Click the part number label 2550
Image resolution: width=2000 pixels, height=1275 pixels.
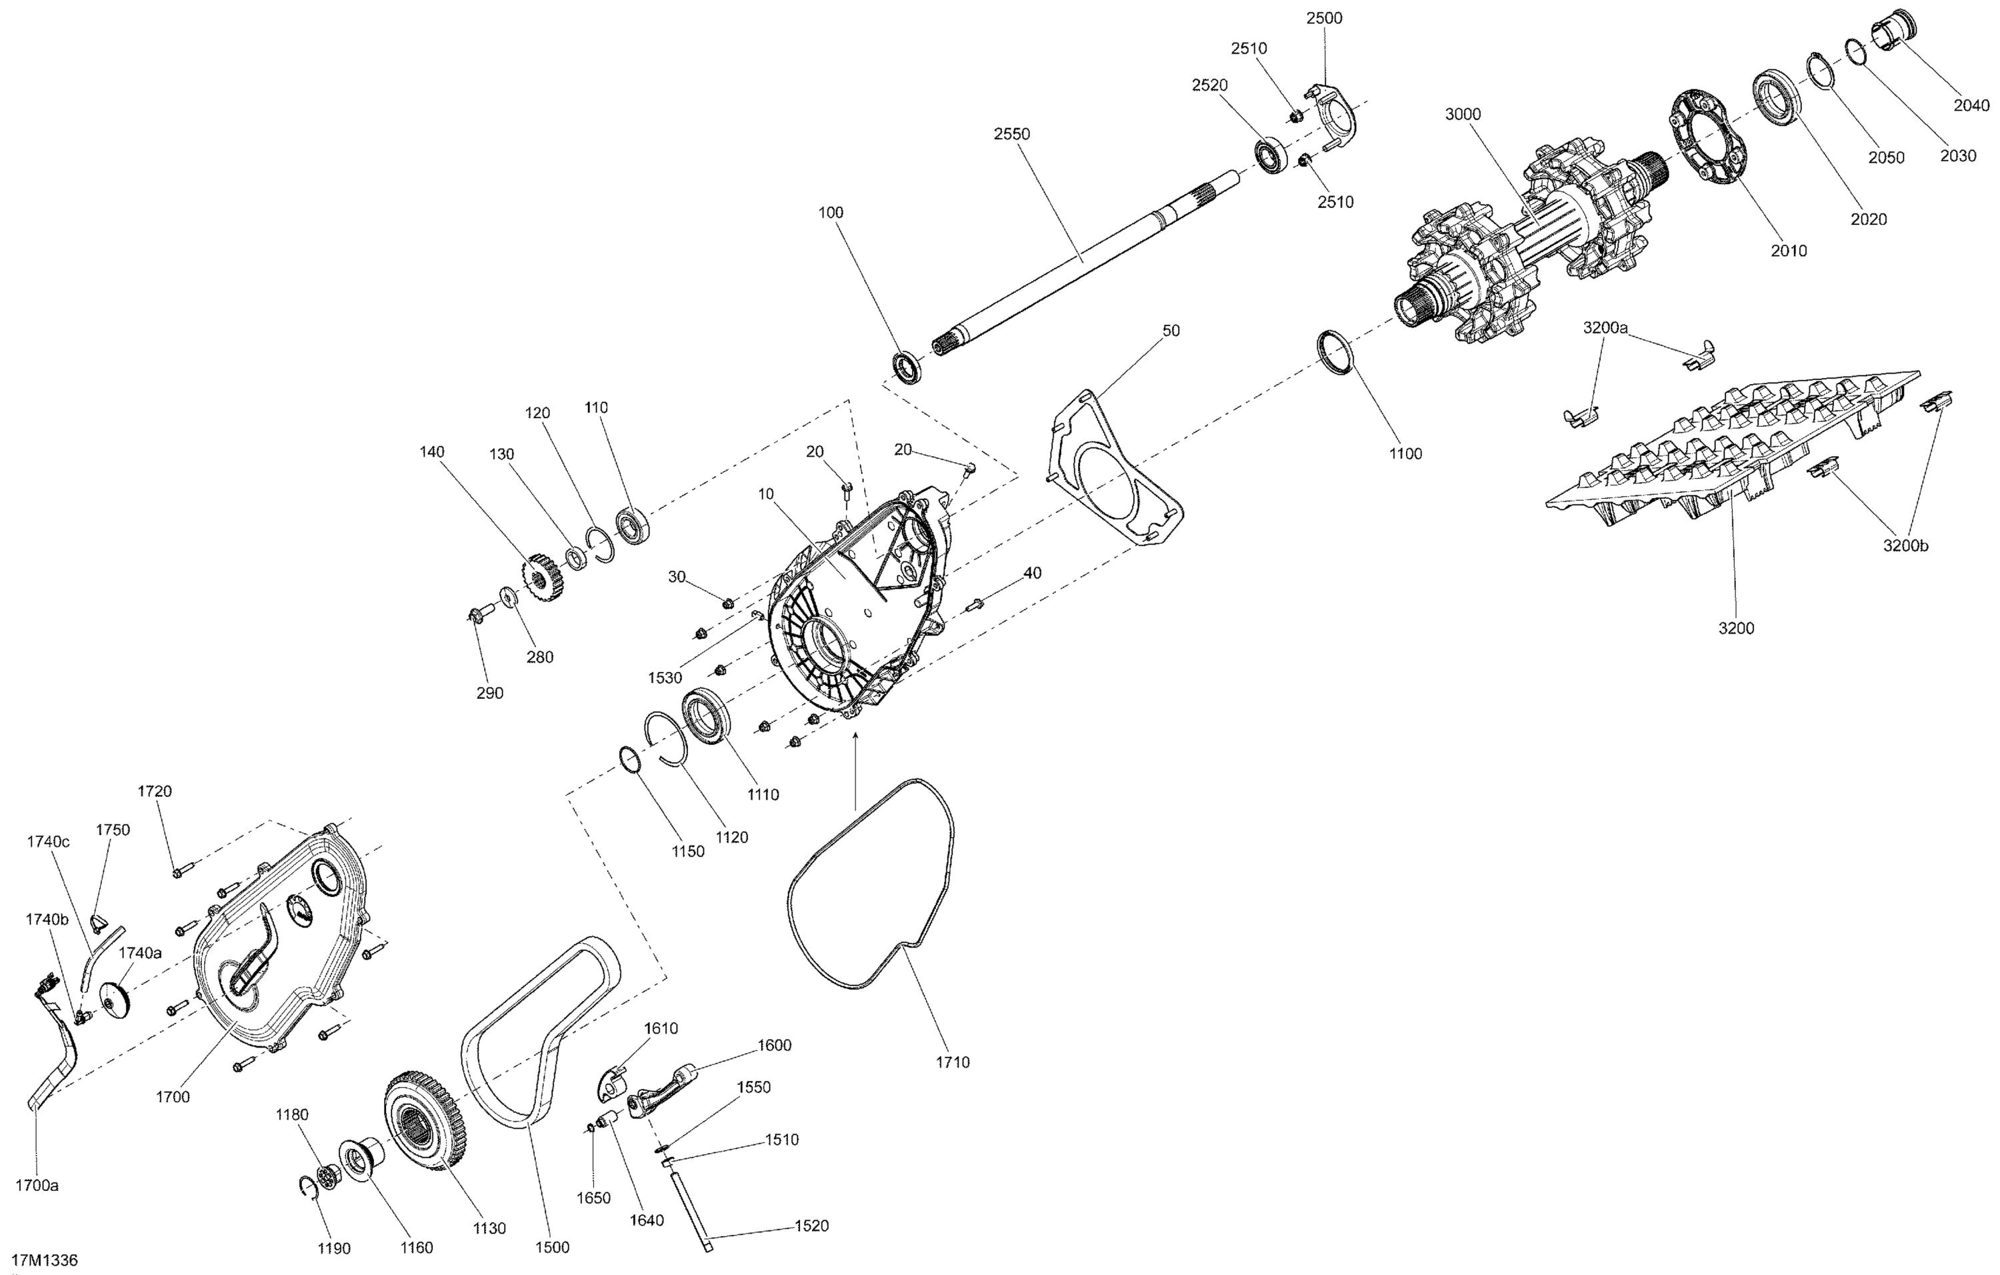tap(1011, 134)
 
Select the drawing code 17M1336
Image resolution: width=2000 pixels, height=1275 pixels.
tap(44, 1260)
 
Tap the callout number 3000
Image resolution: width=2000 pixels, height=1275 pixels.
tap(1463, 115)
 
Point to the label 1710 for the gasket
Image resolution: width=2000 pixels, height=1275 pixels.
tap(952, 1062)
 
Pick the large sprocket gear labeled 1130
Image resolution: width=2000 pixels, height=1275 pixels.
tap(425, 1122)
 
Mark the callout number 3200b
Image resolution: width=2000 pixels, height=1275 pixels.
tap(1905, 545)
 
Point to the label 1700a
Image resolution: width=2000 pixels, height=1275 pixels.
tap(37, 1185)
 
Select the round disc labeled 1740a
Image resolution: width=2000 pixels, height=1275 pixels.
tap(115, 999)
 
